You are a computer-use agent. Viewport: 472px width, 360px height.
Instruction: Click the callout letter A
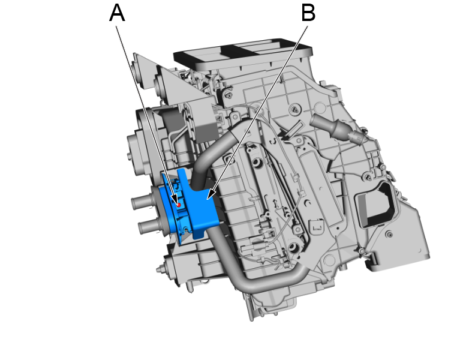(x=117, y=13)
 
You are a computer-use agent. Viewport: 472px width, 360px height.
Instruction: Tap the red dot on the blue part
(x=178, y=204)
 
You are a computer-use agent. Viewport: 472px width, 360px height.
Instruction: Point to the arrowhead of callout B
(x=208, y=197)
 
